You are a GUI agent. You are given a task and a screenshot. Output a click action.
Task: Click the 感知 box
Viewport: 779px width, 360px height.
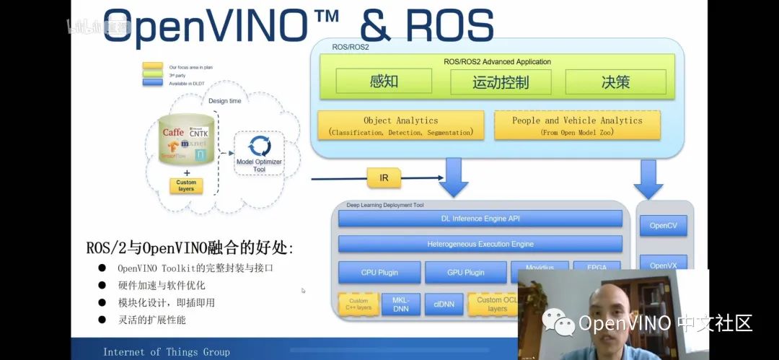pyautogui.click(x=384, y=82)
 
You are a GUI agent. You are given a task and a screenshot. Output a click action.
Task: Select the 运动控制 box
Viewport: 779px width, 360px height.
pyautogui.click(x=501, y=82)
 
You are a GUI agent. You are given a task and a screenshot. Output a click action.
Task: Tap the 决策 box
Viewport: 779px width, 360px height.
pyautogui.click(x=615, y=82)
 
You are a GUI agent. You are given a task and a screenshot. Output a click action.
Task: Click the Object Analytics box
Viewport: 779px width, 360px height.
pyautogui.click(x=400, y=126)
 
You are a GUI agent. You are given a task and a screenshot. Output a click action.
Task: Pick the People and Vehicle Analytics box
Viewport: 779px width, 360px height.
pyautogui.click(x=577, y=126)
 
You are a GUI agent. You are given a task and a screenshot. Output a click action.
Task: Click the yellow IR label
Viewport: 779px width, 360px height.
pyautogui.click(x=384, y=177)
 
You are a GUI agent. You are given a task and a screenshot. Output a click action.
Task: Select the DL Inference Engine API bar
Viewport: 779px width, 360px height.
pyautogui.click(x=480, y=218)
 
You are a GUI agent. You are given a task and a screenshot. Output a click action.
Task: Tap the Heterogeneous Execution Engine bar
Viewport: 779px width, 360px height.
pyautogui.click(x=480, y=244)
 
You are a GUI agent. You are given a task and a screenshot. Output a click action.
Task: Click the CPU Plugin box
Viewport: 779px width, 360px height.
pyautogui.click(x=379, y=273)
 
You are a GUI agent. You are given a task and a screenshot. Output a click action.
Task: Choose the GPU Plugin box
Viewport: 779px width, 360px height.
pyautogui.click(x=465, y=273)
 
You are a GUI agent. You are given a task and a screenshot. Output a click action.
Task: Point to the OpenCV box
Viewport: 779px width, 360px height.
pyautogui.click(x=663, y=226)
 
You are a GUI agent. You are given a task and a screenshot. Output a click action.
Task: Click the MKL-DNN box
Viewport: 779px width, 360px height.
pyautogui.click(x=400, y=304)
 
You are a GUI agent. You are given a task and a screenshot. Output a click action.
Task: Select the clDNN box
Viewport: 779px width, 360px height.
pyautogui.click(x=444, y=304)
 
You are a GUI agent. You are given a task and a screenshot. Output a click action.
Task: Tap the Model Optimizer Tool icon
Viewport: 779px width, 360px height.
pyautogui.click(x=259, y=148)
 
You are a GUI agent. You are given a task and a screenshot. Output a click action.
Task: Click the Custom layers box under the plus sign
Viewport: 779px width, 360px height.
pyautogui.click(x=186, y=185)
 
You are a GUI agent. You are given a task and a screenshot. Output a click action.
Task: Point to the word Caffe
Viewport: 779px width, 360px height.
pyautogui.click(x=173, y=132)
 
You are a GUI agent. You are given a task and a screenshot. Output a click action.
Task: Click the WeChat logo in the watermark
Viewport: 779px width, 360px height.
pyautogui.click(x=558, y=322)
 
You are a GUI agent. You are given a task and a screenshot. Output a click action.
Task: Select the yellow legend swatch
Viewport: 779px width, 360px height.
pyautogui.click(x=152, y=66)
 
